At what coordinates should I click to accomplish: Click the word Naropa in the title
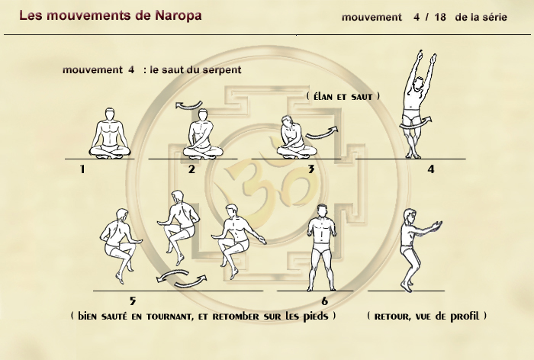178,16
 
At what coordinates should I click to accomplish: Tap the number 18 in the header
440,17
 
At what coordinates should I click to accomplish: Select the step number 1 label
82,169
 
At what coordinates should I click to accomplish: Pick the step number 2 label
191,169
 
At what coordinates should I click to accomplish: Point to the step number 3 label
311,169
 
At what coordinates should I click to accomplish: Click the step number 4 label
431,169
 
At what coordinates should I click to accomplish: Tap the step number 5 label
133,301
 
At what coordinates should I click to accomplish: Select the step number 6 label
324,301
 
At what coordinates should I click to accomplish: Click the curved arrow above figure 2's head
189,105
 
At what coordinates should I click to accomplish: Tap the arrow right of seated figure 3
322,133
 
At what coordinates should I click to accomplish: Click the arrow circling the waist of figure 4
416,124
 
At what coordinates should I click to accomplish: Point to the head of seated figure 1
110,114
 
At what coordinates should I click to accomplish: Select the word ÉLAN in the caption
324,97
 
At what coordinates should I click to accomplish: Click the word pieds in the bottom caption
316,317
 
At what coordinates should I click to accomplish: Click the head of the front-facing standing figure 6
321,211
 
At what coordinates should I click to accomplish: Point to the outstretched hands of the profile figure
436,226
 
